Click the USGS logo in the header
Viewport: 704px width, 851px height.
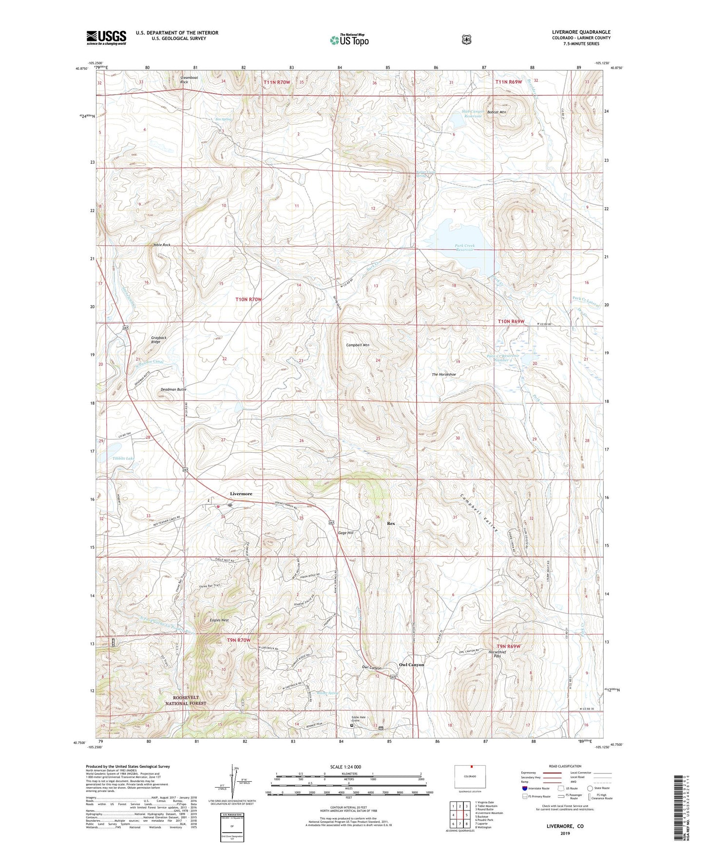pyautogui.click(x=106, y=38)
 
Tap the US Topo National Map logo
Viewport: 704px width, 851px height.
pyautogui.click(x=349, y=40)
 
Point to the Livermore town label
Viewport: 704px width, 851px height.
pyautogui.click(x=241, y=494)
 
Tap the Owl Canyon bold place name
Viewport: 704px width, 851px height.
pyautogui.click(x=412, y=665)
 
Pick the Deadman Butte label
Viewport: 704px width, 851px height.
pyautogui.click(x=173, y=390)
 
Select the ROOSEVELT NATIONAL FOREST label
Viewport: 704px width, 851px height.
pyautogui.click(x=186, y=700)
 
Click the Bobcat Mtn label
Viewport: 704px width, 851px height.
pyautogui.click(x=496, y=112)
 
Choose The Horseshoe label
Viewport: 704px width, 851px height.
pyautogui.click(x=444, y=374)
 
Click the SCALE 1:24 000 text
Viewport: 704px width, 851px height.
pyautogui.click(x=345, y=767)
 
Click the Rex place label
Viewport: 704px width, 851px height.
pyautogui.click(x=391, y=523)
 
